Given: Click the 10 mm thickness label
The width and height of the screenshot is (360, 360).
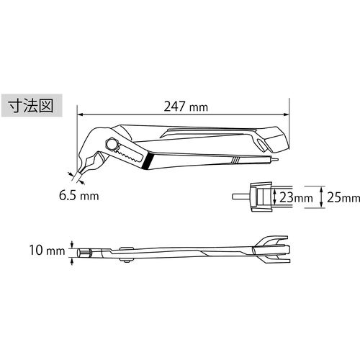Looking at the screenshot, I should [x=46, y=252].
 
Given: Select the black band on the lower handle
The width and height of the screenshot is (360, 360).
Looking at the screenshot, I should [x=145, y=161].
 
